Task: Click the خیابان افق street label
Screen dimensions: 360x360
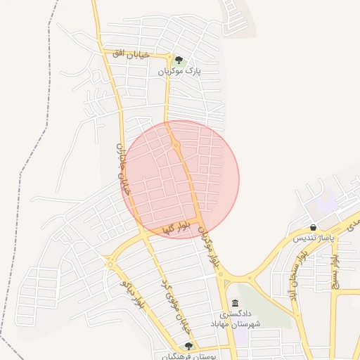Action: (128, 53)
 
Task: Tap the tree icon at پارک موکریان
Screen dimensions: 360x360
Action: (179, 60)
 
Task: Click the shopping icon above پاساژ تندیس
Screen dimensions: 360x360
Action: (313, 227)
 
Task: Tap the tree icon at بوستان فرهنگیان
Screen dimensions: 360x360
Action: (188, 346)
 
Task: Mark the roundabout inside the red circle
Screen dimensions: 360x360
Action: (176, 146)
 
